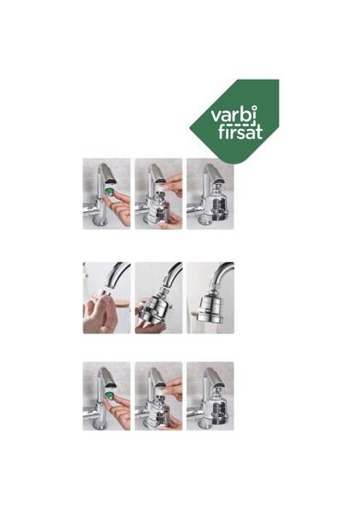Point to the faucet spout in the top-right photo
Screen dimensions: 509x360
coord(210,176)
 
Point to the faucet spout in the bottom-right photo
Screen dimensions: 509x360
coord(210,379)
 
